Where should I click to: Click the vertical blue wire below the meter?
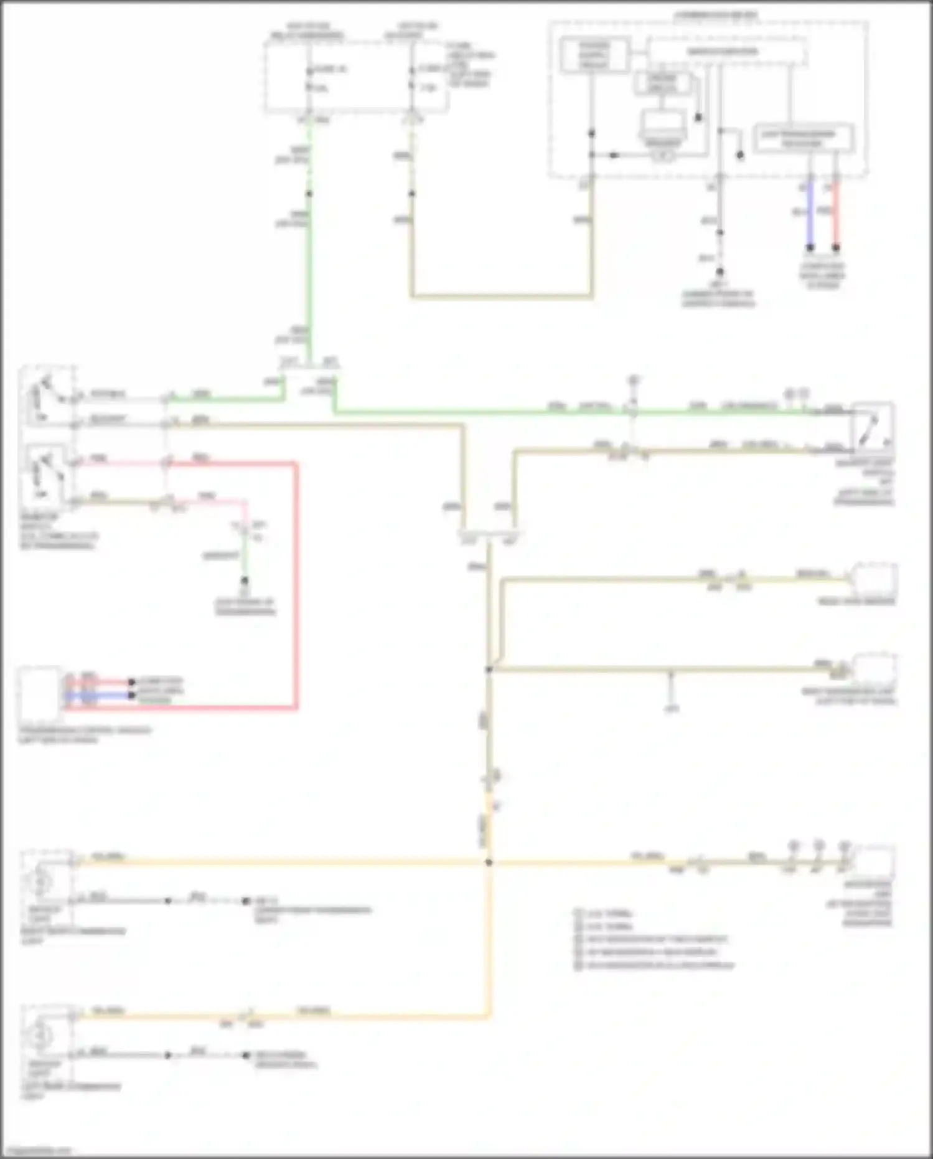pos(810,215)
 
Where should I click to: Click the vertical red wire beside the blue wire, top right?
pos(836,215)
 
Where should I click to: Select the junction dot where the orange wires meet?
pos(489,863)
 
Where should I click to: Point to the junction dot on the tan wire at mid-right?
pos(489,669)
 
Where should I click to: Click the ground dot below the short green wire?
pos(245,580)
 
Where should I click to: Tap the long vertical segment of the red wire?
pos(296,585)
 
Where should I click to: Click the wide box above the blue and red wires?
pos(803,138)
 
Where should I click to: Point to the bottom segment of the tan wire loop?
pos(501,296)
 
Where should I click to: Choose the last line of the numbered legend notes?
pos(654,966)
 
